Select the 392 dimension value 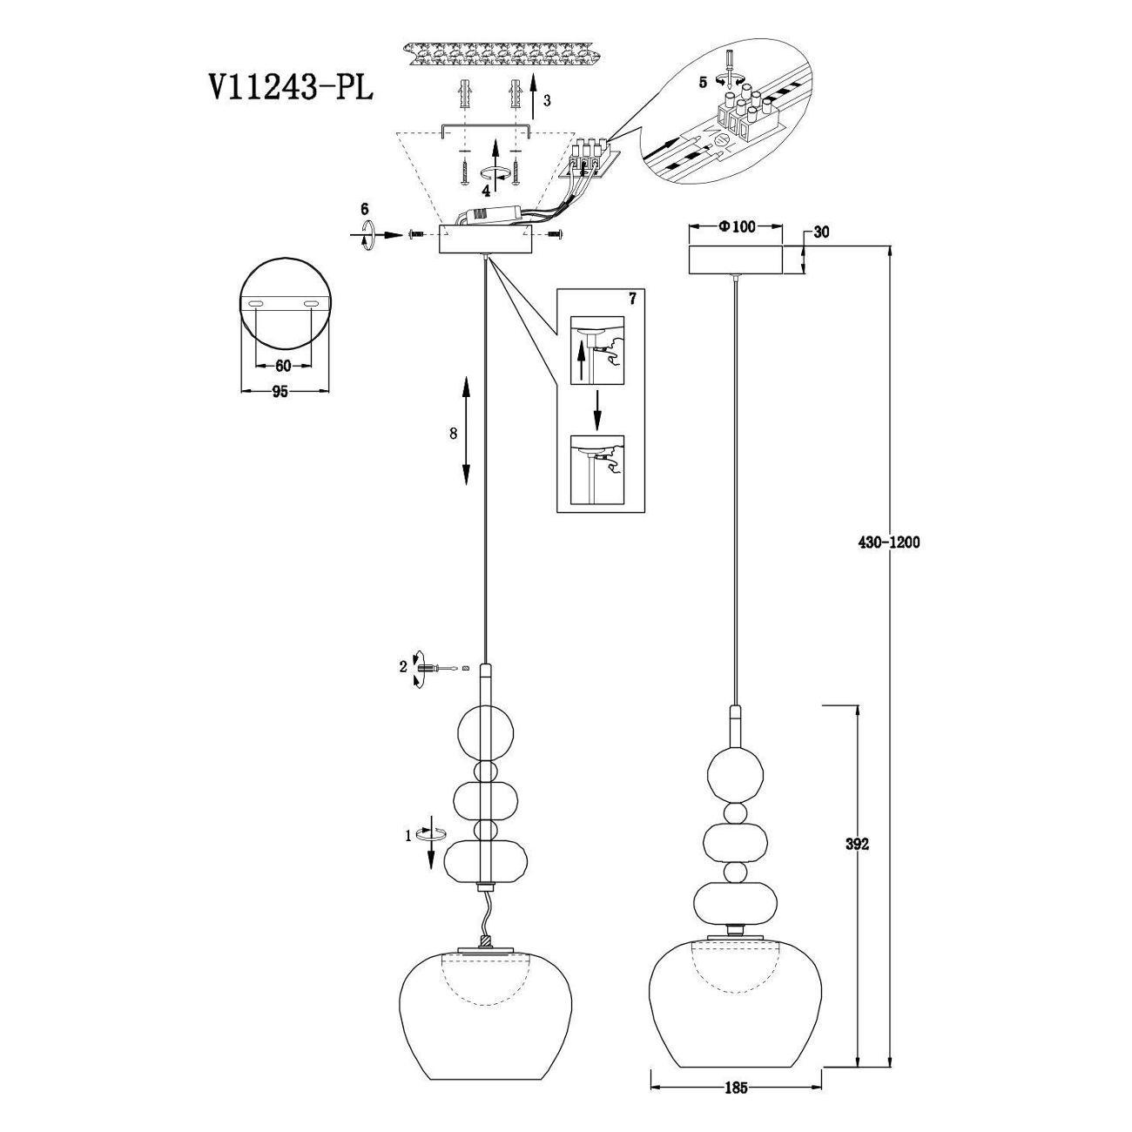(x=857, y=844)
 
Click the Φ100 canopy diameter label (x=736, y=226)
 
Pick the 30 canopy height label (x=821, y=232)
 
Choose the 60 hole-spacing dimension (x=283, y=366)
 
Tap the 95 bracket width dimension (x=280, y=391)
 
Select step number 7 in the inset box (x=632, y=299)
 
